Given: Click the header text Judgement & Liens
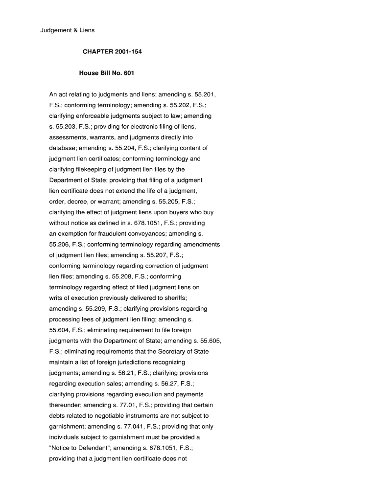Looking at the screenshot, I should point(67,30).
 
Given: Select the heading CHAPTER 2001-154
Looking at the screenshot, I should point(108,51).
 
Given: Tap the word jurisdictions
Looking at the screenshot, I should point(139,363).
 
